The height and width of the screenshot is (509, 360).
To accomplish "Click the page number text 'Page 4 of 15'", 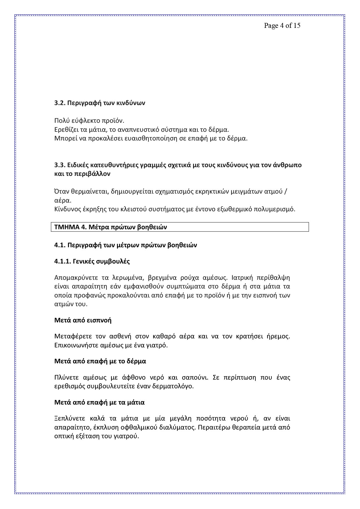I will click(x=282, y=26).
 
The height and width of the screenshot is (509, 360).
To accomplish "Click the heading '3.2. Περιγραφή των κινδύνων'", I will click(x=100, y=103).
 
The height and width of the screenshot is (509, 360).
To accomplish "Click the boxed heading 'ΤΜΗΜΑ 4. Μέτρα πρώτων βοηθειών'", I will click(x=111, y=227).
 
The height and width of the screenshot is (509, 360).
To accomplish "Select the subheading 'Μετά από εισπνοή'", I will click(x=83, y=320).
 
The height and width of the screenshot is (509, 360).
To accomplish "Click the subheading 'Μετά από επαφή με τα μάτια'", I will click(x=100, y=402).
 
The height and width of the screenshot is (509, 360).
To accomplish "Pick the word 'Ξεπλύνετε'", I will click(x=70, y=418).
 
